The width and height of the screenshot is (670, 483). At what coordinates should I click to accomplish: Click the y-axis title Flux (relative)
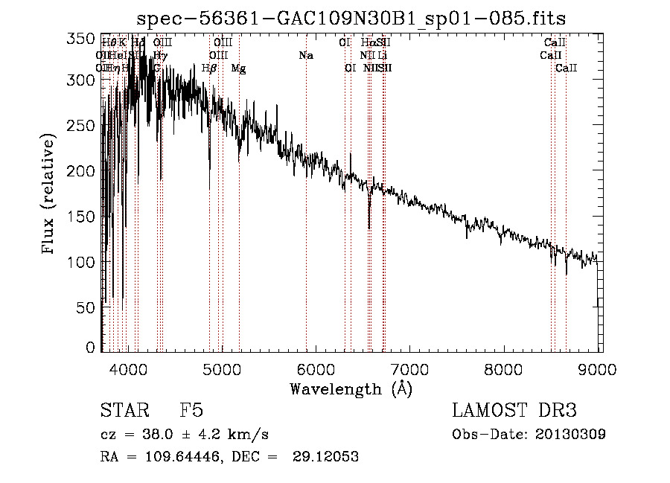(x=49, y=194)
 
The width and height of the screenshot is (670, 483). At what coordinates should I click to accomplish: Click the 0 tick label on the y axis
(x=91, y=348)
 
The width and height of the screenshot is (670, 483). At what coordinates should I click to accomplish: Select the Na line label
(x=306, y=56)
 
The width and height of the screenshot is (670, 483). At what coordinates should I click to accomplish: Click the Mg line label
(x=238, y=68)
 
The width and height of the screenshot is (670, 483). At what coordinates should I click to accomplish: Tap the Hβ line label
(x=209, y=68)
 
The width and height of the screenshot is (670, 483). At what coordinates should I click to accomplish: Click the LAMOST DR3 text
(x=514, y=412)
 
